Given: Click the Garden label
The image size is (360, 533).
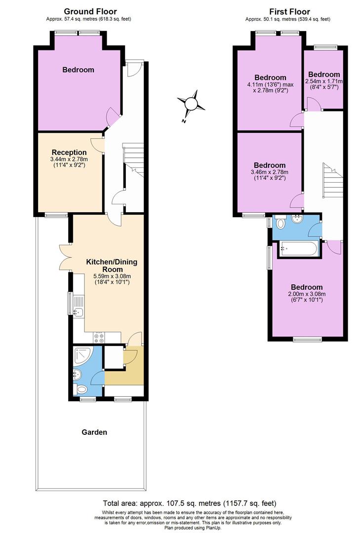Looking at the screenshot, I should tap(94, 432).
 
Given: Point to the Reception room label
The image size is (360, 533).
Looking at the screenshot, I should tap(69, 152).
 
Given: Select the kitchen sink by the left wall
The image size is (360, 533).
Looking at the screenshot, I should tap(78, 311).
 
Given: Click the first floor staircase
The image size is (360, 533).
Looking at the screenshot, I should tap(330, 181).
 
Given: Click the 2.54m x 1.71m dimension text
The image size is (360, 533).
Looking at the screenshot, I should tap(323, 81).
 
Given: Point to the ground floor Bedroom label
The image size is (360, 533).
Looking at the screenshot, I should tap(78, 70).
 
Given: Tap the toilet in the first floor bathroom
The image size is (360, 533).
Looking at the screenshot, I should tap(281, 224).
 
